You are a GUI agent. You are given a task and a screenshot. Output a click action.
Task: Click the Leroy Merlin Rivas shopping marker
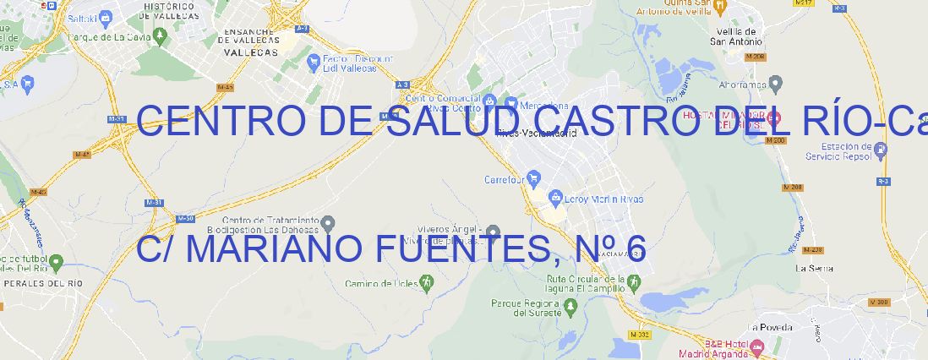coord(555,199)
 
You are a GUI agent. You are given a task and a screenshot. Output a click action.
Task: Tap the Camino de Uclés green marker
coord(426,283)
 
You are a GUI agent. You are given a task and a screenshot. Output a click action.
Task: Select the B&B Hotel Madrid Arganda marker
coord(756,346)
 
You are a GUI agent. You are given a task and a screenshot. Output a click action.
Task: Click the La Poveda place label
coord(771,327)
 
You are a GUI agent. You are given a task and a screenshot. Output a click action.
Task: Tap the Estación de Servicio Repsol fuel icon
coord(882,150)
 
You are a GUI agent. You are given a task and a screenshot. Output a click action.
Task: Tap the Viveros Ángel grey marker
coord(493,232)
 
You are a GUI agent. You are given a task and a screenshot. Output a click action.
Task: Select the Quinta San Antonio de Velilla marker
coord(720,7)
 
